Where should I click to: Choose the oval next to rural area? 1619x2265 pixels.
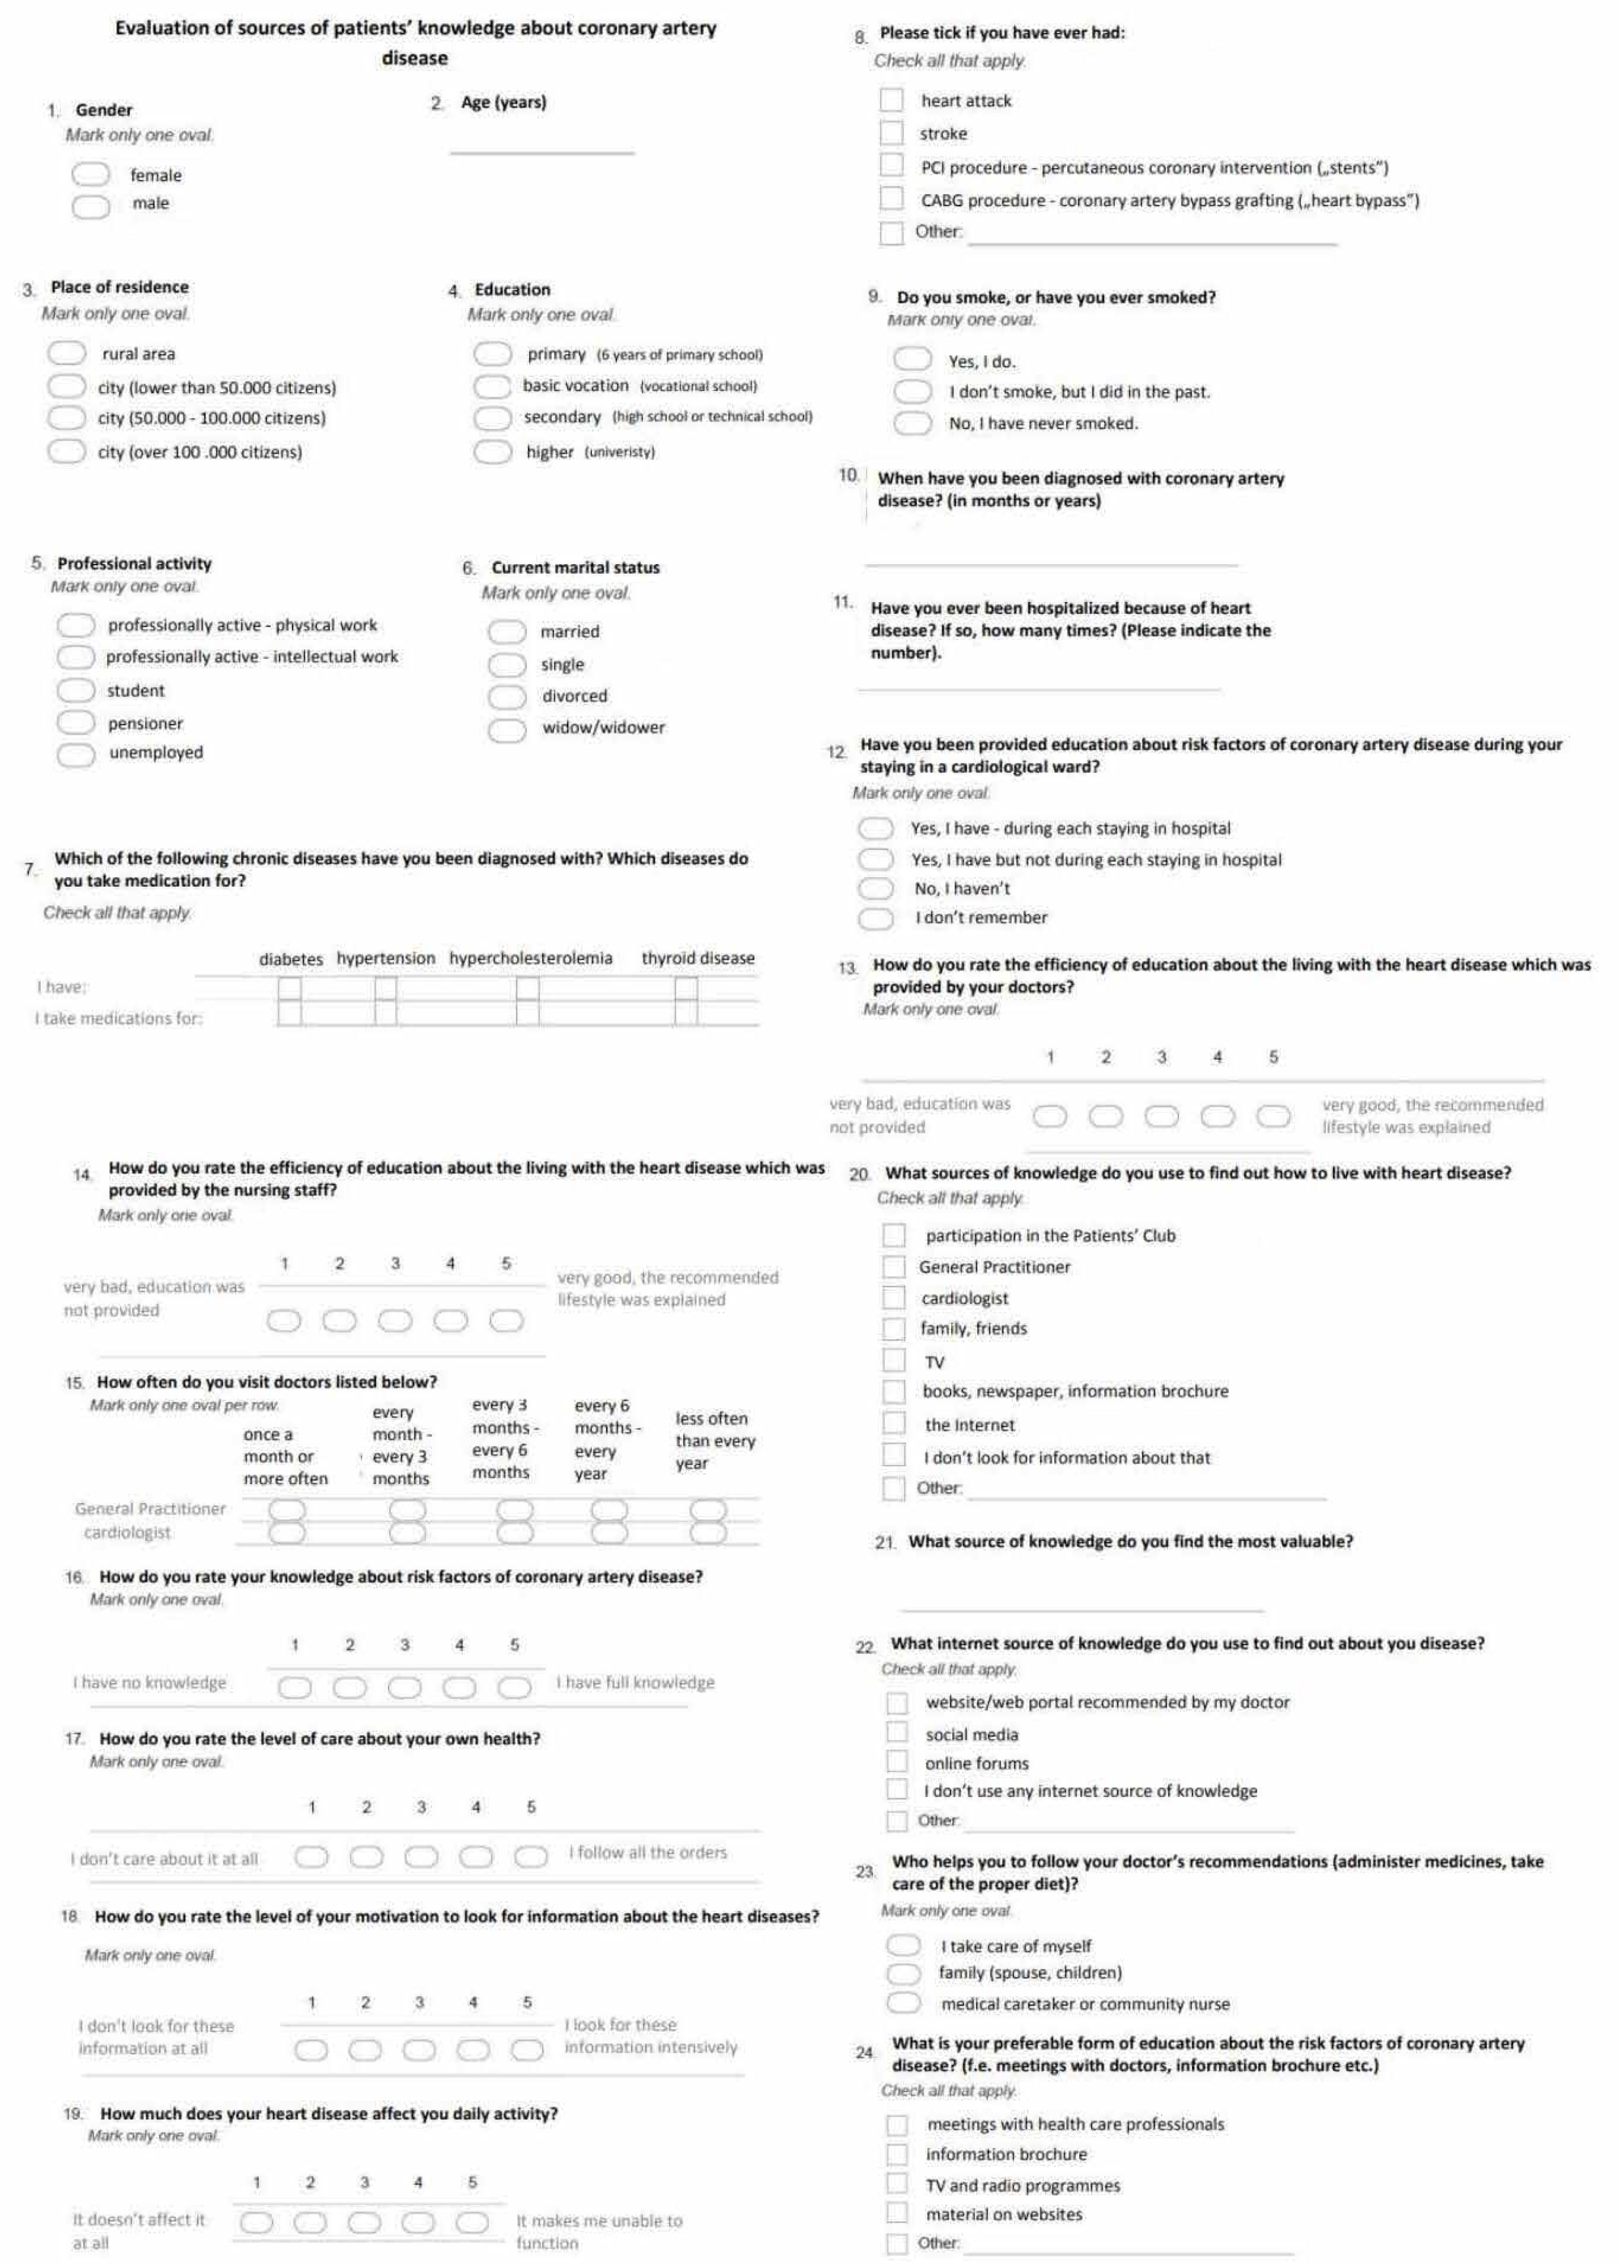(x=67, y=354)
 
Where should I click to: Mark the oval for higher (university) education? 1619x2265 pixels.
(x=491, y=453)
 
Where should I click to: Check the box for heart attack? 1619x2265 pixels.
(x=891, y=101)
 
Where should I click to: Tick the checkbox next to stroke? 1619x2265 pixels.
(x=891, y=133)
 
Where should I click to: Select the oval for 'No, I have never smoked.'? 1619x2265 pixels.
(x=911, y=424)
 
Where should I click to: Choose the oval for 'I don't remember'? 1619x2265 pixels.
(x=877, y=918)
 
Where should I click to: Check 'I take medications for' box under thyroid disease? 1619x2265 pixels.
(x=686, y=1013)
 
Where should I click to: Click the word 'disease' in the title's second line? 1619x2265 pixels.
(x=415, y=58)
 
